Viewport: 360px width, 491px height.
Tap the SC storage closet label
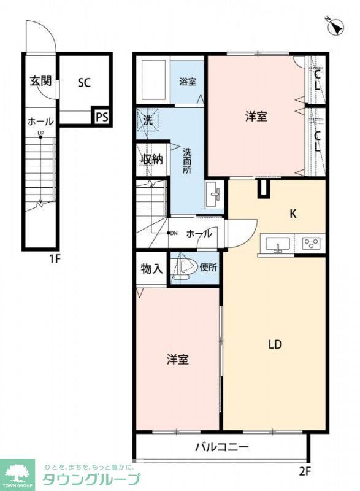pyautogui.click(x=84, y=83)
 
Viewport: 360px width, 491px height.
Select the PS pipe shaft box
pyautogui.click(x=101, y=117)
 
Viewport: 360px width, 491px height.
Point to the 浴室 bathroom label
pyautogui.click(x=188, y=82)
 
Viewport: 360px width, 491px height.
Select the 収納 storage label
pyautogui.click(x=151, y=160)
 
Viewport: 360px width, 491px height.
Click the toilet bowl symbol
pyautogui.click(x=183, y=268)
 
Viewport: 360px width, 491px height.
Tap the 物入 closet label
pyautogui.click(x=151, y=269)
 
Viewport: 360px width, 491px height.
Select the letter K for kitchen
pyautogui.click(x=293, y=214)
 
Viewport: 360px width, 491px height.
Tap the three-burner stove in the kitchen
pyautogui.click(x=312, y=244)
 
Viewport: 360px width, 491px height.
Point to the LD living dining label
pyautogui.click(x=274, y=344)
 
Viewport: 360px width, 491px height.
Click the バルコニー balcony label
pyautogui.click(x=221, y=447)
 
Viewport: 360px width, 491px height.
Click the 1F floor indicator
pyautogui.click(x=55, y=258)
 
